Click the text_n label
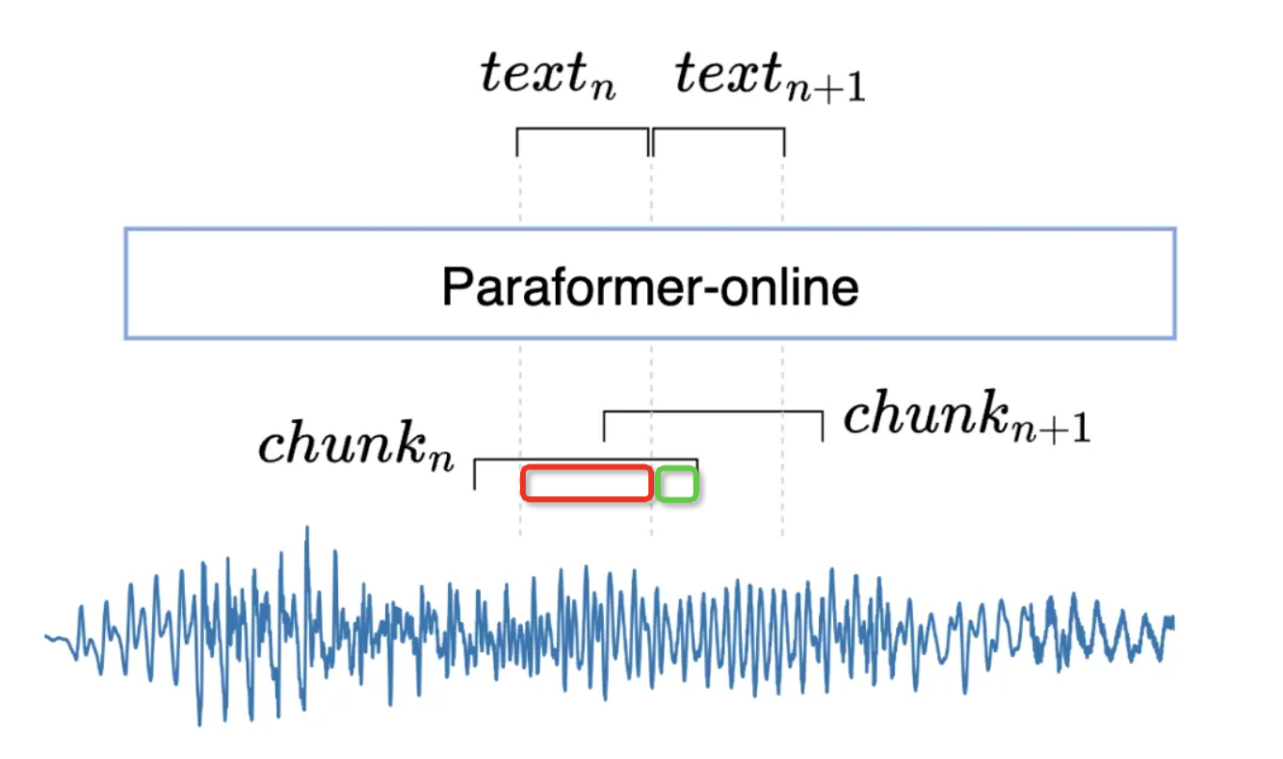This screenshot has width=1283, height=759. [x=548, y=75]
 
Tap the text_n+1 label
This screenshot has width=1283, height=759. [x=770, y=77]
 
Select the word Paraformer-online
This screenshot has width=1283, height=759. [x=650, y=286]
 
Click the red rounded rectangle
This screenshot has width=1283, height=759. [x=587, y=484]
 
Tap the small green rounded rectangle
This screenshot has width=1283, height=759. [x=677, y=484]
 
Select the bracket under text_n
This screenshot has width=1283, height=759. [x=582, y=129]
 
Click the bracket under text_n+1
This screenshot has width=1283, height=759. [x=719, y=129]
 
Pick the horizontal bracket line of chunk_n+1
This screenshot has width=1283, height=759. [x=713, y=412]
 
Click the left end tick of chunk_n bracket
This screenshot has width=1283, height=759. [x=475, y=474]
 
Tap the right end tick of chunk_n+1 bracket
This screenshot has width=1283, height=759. [x=823, y=426]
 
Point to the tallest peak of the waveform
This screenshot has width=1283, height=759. [x=307, y=529]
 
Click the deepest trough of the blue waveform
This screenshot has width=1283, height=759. [x=199, y=723]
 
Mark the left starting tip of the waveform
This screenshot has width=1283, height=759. [x=46, y=636]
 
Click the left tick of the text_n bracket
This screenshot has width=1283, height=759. [x=517, y=142]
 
